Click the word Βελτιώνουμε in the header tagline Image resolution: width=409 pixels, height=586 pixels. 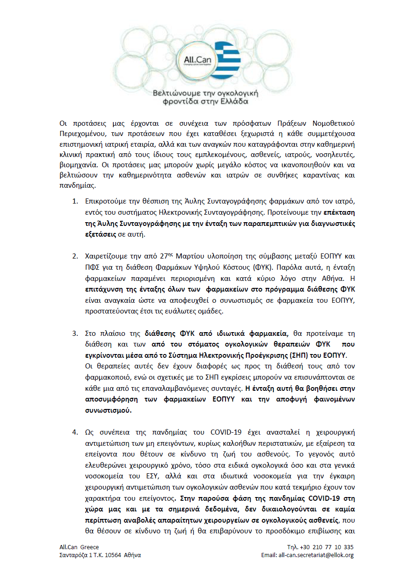pos(175,93)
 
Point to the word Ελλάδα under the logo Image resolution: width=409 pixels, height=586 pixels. pos(233,101)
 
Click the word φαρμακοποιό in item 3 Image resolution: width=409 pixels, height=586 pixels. pos(107,377)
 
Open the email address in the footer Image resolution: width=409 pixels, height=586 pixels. pos(315,555)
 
